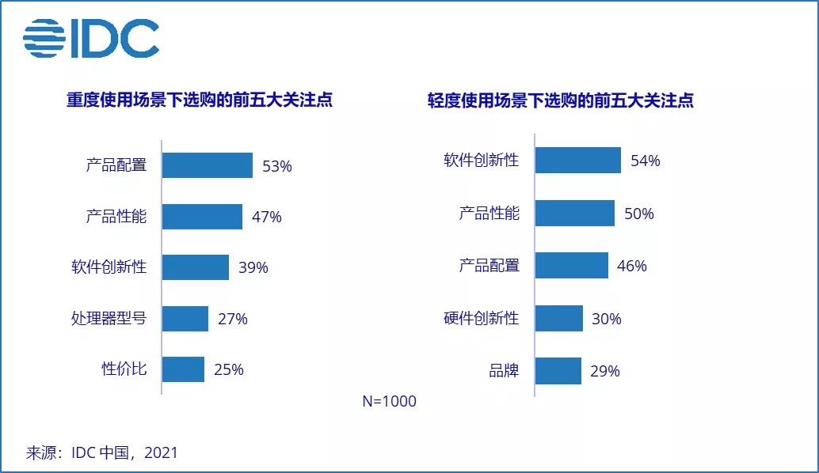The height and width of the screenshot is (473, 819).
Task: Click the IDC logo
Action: tap(90, 39)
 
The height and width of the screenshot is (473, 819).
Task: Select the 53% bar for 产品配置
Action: tap(208, 165)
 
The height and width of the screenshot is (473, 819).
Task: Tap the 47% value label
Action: tap(267, 217)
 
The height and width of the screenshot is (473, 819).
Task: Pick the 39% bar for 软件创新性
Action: tap(196, 267)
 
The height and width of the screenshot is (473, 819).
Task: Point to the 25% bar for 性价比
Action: tap(183, 369)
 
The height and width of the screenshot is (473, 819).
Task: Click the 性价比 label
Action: tap(124, 369)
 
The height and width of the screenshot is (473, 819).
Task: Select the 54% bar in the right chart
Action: tap(577, 161)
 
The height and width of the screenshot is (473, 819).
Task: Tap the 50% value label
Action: tap(638, 214)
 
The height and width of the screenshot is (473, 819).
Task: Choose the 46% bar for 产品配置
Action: tap(571, 266)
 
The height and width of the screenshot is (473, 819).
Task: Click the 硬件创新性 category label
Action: tap(481, 318)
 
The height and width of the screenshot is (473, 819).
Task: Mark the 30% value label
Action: tap(606, 320)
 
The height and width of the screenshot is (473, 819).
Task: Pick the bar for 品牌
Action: tap(558, 370)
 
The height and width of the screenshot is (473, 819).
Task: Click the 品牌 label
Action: tap(505, 370)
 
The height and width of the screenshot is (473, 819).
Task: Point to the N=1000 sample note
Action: tap(389, 401)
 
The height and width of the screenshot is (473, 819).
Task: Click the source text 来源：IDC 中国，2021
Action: tap(102, 453)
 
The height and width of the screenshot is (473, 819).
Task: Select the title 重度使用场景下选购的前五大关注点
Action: tap(199, 100)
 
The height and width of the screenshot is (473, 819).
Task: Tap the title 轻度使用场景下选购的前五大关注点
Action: tap(561, 100)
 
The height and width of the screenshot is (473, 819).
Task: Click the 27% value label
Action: tap(232, 320)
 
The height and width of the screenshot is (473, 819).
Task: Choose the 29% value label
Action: tap(604, 371)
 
